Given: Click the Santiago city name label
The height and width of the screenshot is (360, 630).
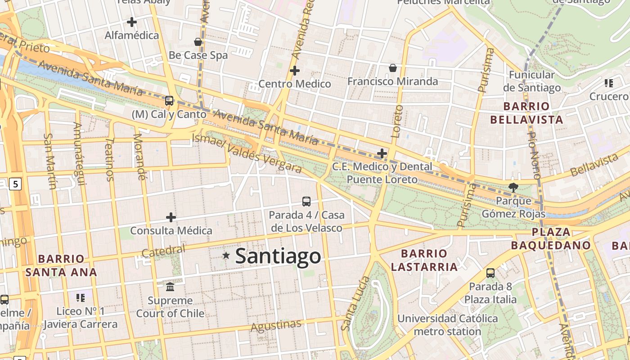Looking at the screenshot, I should coord(278,256).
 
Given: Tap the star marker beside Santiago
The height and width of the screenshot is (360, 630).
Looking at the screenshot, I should coord(226,256).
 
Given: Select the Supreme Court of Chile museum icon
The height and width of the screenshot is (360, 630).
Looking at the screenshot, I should coord(170,287).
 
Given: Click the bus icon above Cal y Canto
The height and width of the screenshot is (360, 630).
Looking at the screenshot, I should coord(169,101).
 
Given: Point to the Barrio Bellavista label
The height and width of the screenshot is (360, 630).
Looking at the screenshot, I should coord(526,113).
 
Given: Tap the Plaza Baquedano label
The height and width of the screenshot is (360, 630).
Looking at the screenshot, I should coord(551,238).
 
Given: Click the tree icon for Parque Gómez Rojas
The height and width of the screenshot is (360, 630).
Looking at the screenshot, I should coord(513,188).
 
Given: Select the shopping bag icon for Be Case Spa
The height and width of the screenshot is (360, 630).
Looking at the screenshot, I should coord(198,42).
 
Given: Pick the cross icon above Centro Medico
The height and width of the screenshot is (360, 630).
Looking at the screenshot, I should coord(295,71).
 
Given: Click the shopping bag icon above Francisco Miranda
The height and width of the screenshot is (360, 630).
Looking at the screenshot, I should coord(393,68).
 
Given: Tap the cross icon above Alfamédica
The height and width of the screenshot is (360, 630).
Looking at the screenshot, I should coord(132,22).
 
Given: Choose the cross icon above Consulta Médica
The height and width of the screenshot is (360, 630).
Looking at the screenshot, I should coord(171,217).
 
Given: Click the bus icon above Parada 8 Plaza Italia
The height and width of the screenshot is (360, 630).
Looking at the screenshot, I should coord(490,273).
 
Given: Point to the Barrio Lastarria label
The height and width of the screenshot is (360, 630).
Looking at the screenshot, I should coord(424,260).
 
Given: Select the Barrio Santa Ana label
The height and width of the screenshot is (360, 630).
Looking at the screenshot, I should coord(61,265).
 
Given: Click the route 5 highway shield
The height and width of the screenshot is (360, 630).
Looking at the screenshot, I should coord(16,184).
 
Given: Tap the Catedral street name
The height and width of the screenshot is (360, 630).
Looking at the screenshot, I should coord(163,251).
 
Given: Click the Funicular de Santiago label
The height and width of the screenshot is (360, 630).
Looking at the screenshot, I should coord(532,81).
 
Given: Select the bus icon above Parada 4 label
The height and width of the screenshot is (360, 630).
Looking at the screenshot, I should coord(306,201).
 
